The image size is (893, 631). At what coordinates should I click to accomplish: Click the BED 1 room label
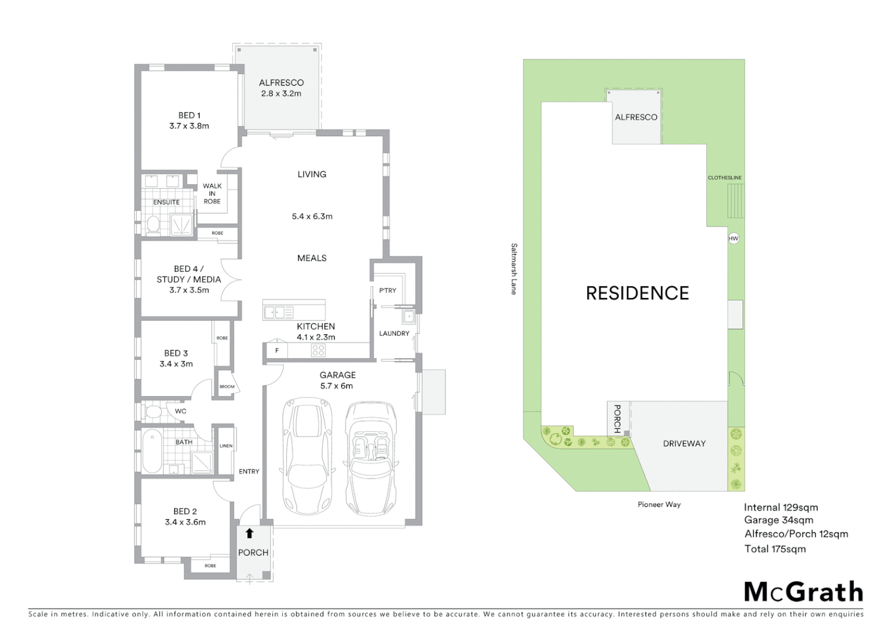pyautogui.click(x=189, y=120)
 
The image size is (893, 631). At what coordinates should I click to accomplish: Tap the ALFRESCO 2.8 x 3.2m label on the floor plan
pyautogui.click(x=281, y=88)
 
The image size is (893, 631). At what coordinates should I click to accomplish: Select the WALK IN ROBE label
pyautogui.click(x=212, y=193)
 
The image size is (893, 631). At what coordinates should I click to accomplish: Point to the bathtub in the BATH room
pyautogui.click(x=153, y=451)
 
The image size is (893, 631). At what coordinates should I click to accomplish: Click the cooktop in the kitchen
pyautogui.click(x=318, y=351)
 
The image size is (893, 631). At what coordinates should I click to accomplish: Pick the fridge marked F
pyautogui.click(x=277, y=351)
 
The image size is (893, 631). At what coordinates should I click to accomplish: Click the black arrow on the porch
pyautogui.click(x=250, y=533)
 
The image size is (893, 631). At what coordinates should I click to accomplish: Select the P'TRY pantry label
pyautogui.click(x=387, y=290)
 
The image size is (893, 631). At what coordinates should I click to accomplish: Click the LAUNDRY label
pyautogui.click(x=394, y=334)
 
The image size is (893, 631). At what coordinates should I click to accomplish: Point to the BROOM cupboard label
pyautogui.click(x=227, y=387)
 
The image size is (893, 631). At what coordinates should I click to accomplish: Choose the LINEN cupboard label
pyautogui.click(x=226, y=446)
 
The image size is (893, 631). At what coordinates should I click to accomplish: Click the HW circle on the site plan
pyautogui.click(x=733, y=238)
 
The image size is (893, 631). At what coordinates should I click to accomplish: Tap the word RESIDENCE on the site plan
pyautogui.click(x=637, y=293)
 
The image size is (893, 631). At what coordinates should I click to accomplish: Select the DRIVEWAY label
pyautogui.click(x=684, y=443)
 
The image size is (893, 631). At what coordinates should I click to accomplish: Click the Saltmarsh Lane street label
pyautogui.click(x=514, y=269)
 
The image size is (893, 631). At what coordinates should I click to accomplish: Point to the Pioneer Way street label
pyautogui.click(x=659, y=504)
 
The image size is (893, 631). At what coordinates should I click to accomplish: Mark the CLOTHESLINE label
pyautogui.click(x=724, y=178)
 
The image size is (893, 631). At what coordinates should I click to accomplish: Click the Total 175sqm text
pyautogui.click(x=774, y=549)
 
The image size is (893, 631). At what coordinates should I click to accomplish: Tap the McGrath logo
pyautogui.click(x=803, y=592)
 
